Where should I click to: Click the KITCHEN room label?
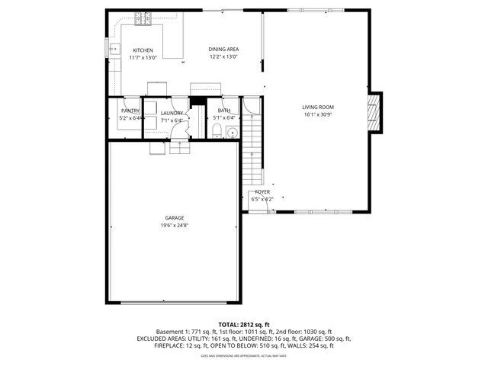click(x=143, y=50)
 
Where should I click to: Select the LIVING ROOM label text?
click(x=318, y=107)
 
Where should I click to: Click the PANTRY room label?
click(x=130, y=111)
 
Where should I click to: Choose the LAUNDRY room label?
click(x=172, y=114)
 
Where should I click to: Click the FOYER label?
click(x=262, y=191)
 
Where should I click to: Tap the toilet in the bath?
click(x=217, y=133)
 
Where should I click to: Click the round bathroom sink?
click(x=233, y=133)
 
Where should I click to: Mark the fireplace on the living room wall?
click(x=373, y=112)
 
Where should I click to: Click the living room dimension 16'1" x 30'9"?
click(x=318, y=116)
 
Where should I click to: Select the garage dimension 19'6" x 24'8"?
click(x=174, y=226)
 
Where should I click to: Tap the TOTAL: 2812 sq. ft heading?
click(x=244, y=324)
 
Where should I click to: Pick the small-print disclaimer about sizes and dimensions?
click(x=244, y=355)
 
